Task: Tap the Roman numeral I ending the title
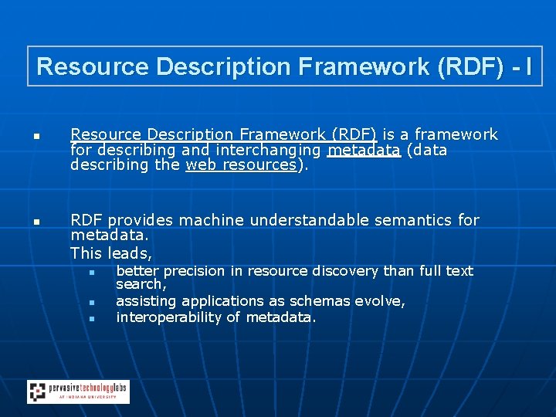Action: (527, 67)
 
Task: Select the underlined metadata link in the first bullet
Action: (364, 150)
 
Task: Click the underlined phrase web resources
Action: (241, 164)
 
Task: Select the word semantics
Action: (413, 221)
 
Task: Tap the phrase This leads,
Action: (111, 253)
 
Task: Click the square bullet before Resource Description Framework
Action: (36, 137)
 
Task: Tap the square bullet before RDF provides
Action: (36, 222)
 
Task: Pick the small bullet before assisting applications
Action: (91, 303)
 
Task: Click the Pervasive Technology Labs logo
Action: (78, 392)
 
